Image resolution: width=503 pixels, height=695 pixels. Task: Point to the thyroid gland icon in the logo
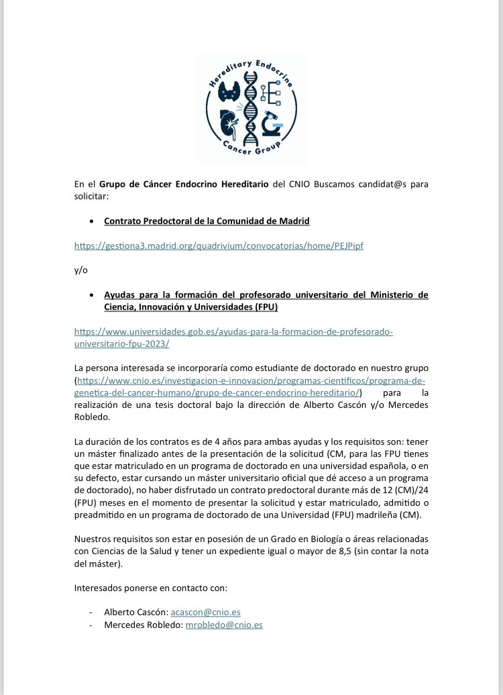pyautogui.click(x=232, y=93)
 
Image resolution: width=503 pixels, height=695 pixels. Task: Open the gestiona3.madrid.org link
pyautogui.click(x=219, y=246)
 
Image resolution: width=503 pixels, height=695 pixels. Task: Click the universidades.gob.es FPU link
pyautogui.click(x=233, y=337)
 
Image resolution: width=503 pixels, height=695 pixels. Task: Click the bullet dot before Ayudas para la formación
pyautogui.click(x=92, y=295)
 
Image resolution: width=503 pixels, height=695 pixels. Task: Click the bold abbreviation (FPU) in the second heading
pyautogui.click(x=264, y=307)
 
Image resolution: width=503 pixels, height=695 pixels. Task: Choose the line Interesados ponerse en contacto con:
pyautogui.click(x=151, y=587)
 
